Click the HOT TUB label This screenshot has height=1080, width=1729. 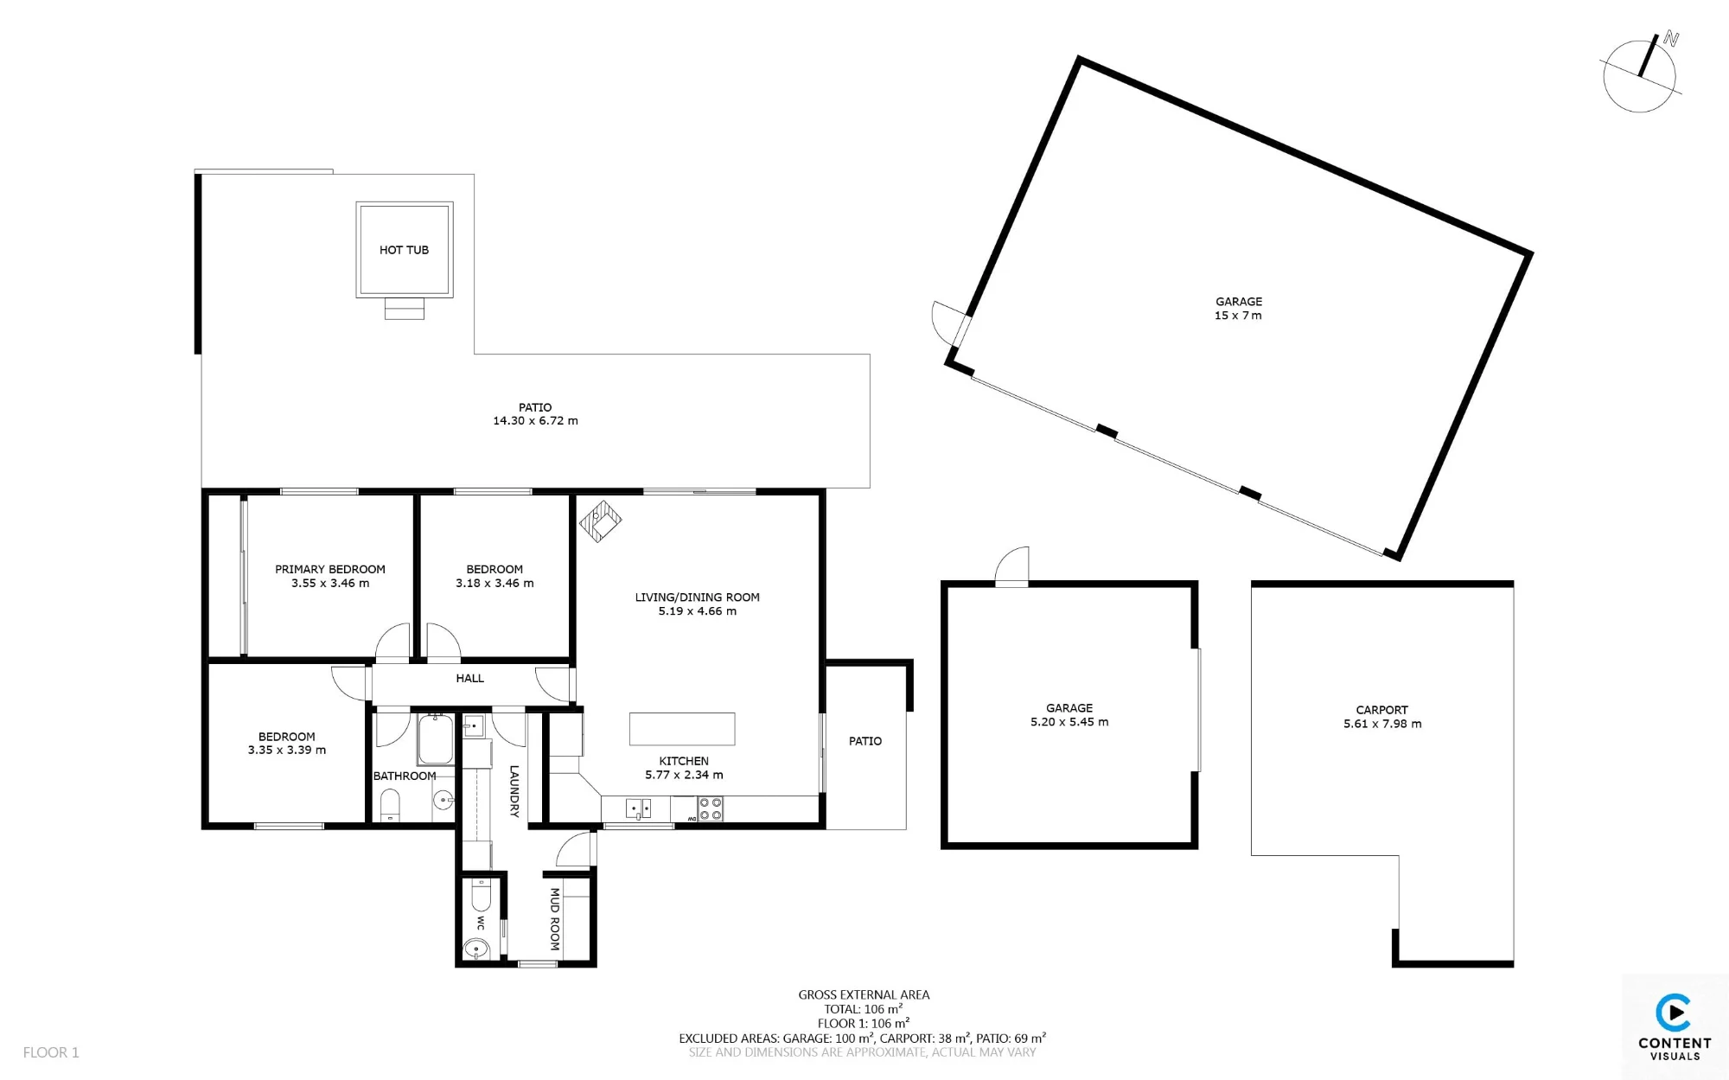[404, 250]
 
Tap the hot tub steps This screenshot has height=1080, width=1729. [405, 309]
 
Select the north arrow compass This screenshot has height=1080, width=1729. [1641, 73]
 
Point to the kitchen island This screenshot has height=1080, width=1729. [682, 729]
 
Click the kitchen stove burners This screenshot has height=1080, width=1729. [711, 809]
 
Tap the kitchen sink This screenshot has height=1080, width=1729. [638, 809]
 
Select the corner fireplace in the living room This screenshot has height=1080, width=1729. [600, 521]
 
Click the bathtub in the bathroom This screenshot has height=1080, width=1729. [436, 739]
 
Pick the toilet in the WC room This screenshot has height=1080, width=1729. [481, 896]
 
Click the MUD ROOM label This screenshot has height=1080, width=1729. [555, 919]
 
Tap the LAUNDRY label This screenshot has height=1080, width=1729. [514, 791]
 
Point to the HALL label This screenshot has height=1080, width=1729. [469, 679]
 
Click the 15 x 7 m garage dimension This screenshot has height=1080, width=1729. [1238, 316]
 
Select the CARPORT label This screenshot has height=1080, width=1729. [1381, 710]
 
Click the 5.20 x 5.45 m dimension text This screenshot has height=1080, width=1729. [1069, 722]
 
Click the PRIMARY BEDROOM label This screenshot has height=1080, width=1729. [330, 569]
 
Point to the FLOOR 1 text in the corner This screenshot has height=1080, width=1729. [51, 1052]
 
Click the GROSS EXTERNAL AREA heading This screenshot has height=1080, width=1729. [864, 995]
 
